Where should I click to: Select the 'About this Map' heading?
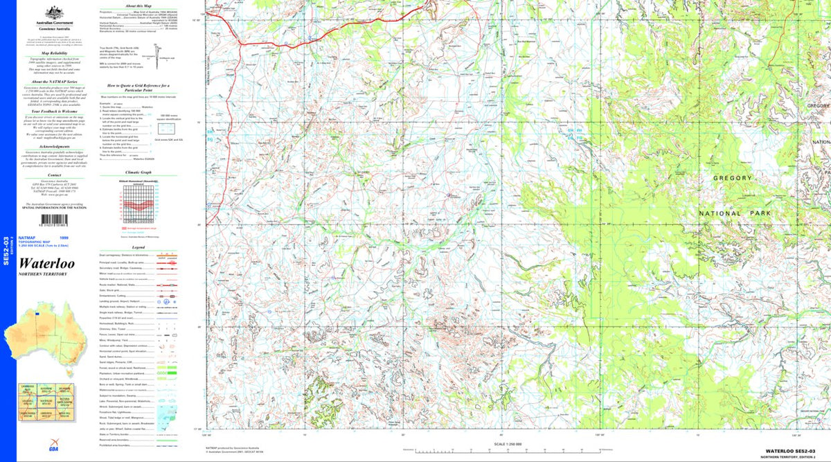tap(138, 5)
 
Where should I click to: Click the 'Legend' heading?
tap(138, 247)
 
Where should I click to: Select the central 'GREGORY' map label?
tap(733, 178)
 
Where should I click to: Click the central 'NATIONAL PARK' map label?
tap(730, 213)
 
